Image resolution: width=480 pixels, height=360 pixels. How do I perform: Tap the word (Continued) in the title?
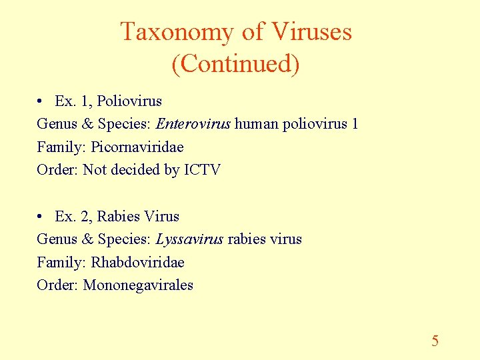[x=235, y=64]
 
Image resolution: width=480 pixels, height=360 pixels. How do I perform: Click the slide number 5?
[x=435, y=341]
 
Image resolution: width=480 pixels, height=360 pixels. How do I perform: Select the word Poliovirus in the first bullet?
[x=129, y=101]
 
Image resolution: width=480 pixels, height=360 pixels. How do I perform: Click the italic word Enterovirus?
[x=193, y=124]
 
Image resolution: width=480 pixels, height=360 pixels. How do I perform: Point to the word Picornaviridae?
[x=137, y=147]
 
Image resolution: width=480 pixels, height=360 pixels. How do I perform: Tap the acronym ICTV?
[x=202, y=169]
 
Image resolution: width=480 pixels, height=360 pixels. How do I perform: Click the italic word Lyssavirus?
[x=189, y=239]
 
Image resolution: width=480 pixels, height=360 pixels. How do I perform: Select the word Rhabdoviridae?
[x=137, y=262]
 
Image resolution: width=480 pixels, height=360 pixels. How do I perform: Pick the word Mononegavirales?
[x=138, y=285]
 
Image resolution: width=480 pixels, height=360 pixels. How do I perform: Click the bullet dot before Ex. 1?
[x=41, y=101]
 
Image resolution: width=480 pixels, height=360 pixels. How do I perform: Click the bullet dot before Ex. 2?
[x=41, y=217]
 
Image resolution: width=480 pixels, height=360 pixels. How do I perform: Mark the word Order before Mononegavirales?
[x=57, y=285]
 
